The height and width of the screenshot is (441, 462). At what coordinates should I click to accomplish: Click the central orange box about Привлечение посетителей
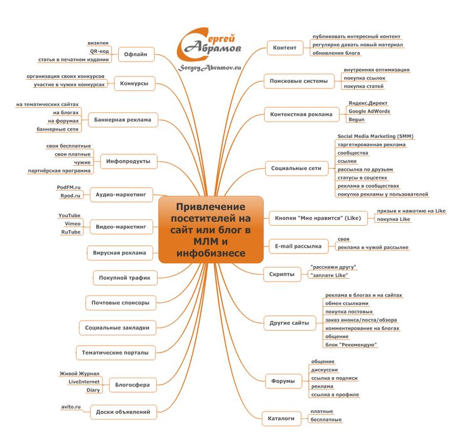click(x=210, y=229)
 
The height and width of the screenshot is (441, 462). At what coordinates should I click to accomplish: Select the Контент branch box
click(x=284, y=48)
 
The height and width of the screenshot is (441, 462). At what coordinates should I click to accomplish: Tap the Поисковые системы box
click(x=298, y=81)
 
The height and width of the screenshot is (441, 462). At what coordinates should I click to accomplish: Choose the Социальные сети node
click(x=296, y=168)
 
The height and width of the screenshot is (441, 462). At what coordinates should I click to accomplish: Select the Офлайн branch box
click(x=136, y=55)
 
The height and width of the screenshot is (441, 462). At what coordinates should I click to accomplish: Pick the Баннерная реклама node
click(x=123, y=119)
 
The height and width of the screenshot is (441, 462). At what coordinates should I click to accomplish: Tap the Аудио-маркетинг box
click(x=121, y=195)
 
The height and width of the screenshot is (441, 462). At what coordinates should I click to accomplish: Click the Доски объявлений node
click(x=123, y=412)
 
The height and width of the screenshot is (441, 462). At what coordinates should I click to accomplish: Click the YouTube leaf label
click(x=69, y=215)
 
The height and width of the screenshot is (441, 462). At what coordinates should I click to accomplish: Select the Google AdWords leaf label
click(x=369, y=110)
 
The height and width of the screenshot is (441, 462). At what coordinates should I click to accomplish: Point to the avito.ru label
click(x=70, y=407)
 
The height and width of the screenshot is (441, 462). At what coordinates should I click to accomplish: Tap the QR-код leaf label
click(x=99, y=51)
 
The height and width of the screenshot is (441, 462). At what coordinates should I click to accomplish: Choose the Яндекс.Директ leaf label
click(x=368, y=102)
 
